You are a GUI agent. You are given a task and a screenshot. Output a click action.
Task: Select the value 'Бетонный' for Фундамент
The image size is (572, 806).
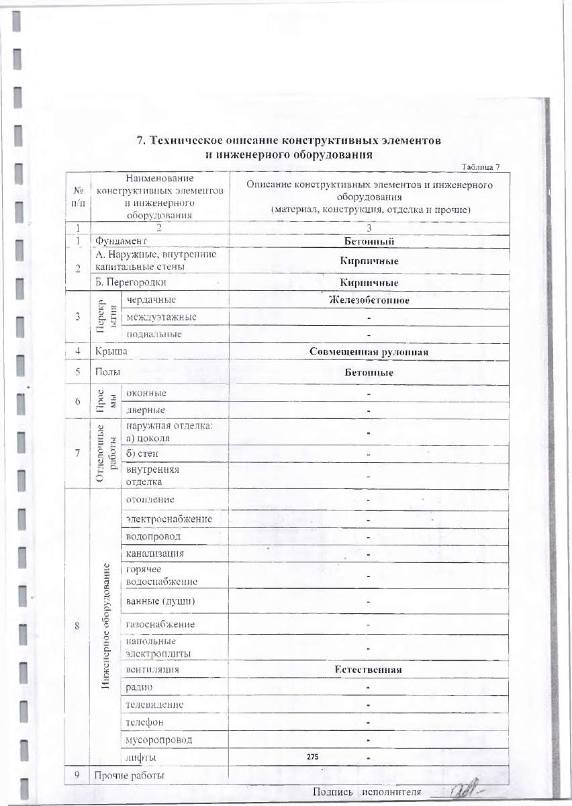368,241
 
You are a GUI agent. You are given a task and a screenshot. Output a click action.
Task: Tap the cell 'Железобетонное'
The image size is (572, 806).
368,300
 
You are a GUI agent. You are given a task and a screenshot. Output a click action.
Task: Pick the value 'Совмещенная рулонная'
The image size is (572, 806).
369,351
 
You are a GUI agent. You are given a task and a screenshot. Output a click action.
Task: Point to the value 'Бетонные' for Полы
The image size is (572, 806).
368,372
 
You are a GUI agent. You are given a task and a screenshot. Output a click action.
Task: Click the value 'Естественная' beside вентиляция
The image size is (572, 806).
368,670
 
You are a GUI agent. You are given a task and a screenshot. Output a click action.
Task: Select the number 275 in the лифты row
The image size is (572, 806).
312,757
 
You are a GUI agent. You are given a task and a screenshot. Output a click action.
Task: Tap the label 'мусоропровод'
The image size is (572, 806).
158,740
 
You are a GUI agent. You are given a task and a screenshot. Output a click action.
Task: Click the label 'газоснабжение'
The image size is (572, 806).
160,624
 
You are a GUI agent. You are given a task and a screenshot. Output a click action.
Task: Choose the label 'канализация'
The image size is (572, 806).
155,553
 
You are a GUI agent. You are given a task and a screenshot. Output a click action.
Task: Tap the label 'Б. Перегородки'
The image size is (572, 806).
130,283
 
